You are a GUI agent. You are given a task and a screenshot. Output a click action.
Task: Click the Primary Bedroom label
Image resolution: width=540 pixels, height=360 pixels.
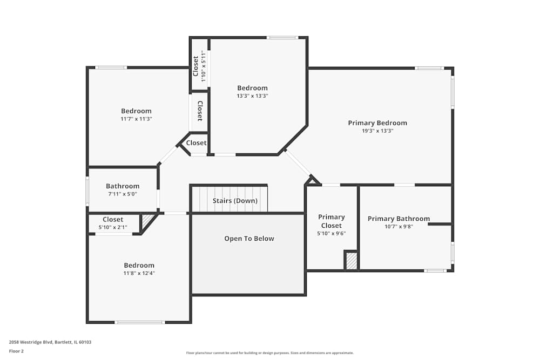[377, 123]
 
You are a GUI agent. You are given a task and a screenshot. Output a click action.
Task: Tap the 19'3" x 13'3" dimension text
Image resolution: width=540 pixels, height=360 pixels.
[377, 131]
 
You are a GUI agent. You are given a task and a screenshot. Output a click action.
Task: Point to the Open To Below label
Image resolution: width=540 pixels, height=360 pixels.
[249, 239]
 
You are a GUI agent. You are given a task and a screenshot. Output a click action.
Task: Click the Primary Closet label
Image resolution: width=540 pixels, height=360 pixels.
[331, 221]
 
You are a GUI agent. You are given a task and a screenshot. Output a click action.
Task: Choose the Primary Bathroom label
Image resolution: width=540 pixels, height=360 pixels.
[399, 219]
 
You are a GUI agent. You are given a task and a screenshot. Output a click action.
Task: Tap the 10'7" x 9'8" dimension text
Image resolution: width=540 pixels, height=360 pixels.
[399, 227]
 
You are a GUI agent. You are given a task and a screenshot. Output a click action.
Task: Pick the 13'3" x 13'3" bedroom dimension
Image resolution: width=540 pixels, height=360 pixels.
[252, 96]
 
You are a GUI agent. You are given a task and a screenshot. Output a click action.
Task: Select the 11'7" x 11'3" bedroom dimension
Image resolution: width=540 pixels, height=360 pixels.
[136, 119]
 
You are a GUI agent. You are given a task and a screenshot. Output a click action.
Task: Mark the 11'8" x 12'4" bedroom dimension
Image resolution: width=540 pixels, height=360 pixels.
[139, 273]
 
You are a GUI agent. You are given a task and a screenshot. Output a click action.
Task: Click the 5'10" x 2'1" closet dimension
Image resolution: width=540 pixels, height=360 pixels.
[113, 228]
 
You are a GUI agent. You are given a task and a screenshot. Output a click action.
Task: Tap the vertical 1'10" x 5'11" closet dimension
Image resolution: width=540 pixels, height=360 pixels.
[203, 66]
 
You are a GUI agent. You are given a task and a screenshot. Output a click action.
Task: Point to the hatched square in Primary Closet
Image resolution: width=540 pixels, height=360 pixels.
[352, 262]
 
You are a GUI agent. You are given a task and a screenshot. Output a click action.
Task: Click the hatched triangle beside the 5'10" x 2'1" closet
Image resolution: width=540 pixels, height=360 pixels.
[146, 220]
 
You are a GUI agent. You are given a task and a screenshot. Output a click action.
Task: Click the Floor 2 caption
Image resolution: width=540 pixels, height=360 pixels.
[16, 351]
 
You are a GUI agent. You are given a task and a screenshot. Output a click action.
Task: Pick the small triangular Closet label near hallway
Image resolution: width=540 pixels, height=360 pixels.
[196, 143]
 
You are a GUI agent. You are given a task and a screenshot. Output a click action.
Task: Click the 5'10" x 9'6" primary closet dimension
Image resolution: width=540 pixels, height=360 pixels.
[331, 234]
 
